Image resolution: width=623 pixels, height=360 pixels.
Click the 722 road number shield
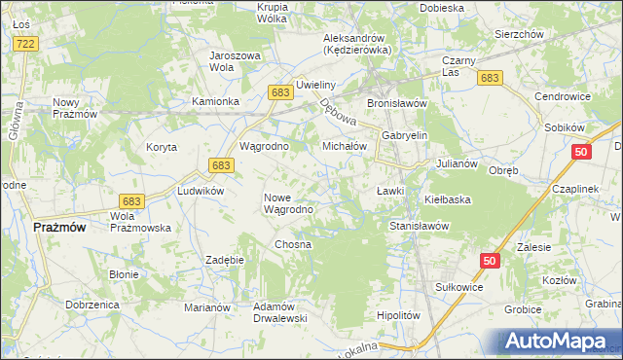[26, 44]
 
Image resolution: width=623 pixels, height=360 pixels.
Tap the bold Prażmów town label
[59, 227]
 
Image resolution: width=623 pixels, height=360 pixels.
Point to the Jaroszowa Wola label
[235, 61]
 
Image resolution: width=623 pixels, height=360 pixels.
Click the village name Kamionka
[215, 101]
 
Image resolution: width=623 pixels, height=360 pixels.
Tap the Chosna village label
[293, 244]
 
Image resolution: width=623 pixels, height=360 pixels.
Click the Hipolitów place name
[397, 315]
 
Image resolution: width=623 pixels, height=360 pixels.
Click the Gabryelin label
[405, 136]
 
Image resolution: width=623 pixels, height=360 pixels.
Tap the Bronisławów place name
[397, 102]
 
